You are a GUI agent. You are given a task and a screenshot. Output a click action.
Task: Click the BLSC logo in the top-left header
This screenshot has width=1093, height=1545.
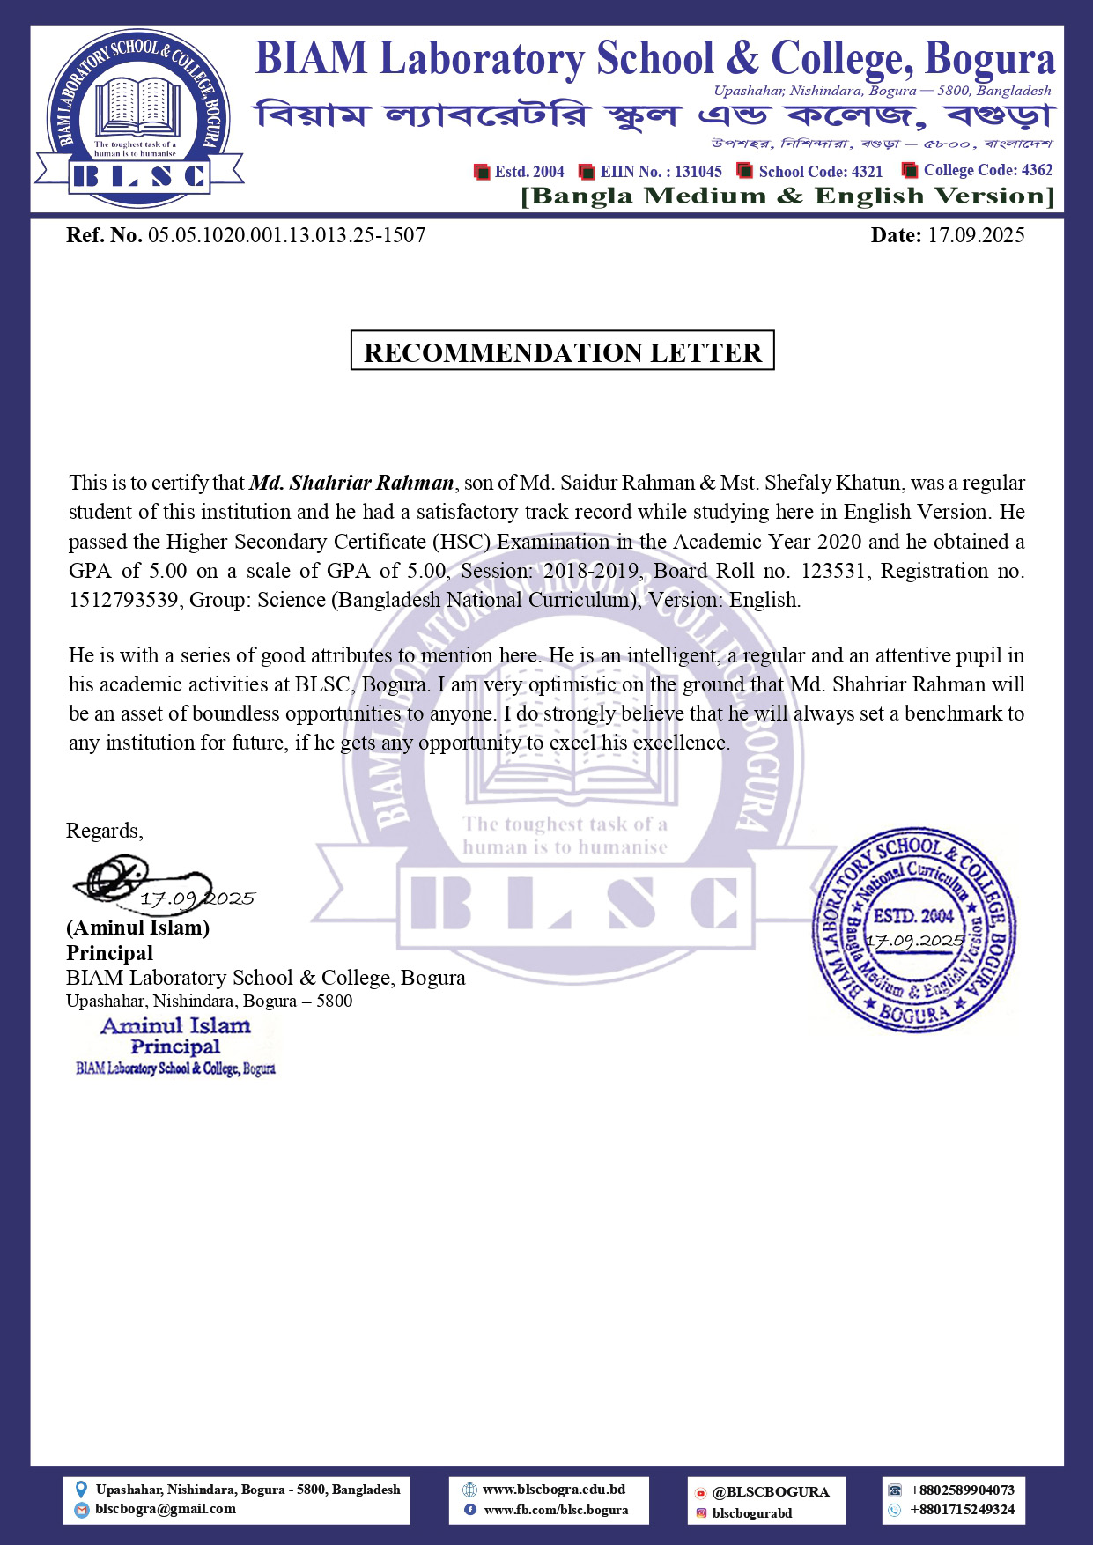pyautogui.click(x=139, y=119)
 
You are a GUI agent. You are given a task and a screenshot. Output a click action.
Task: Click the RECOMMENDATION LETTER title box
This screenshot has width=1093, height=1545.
pyautogui.click(x=562, y=351)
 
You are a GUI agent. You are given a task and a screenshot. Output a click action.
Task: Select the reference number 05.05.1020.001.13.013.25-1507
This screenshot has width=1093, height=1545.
pyautogui.click(x=286, y=235)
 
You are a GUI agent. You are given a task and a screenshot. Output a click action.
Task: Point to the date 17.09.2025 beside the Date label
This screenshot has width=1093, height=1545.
pyautogui.click(x=976, y=235)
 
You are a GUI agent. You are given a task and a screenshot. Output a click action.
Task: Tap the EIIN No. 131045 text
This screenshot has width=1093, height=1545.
pyautogui.click(x=661, y=172)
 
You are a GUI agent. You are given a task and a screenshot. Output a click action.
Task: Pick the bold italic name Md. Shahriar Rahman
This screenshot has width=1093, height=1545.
pyautogui.click(x=351, y=483)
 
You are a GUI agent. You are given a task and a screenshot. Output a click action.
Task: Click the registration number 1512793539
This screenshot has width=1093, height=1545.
pyautogui.click(x=124, y=600)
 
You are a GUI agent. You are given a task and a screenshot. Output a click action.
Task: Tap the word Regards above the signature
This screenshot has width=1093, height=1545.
pyautogui.click(x=104, y=831)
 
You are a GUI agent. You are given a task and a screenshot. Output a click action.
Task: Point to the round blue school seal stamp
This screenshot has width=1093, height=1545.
pyautogui.click(x=913, y=929)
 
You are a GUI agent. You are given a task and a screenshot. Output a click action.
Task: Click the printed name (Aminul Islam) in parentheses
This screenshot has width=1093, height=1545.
pyautogui.click(x=137, y=928)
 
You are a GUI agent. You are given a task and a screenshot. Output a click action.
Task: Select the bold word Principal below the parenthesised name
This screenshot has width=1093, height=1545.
pyautogui.click(x=109, y=953)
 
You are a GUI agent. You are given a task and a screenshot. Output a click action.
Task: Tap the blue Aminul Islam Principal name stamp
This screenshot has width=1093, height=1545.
pyautogui.click(x=175, y=1046)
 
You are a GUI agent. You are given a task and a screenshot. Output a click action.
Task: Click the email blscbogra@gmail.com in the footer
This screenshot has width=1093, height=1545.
pyautogui.click(x=166, y=1509)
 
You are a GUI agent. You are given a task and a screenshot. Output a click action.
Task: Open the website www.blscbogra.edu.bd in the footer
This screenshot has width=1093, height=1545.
pyautogui.click(x=554, y=1490)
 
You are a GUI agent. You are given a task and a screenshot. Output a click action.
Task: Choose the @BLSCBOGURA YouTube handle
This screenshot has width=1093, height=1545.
pyautogui.click(x=771, y=1492)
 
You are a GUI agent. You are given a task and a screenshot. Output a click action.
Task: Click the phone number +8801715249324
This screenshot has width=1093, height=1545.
pyautogui.click(x=962, y=1510)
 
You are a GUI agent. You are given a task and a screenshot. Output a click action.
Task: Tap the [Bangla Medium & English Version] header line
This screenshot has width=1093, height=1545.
pyautogui.click(x=787, y=196)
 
